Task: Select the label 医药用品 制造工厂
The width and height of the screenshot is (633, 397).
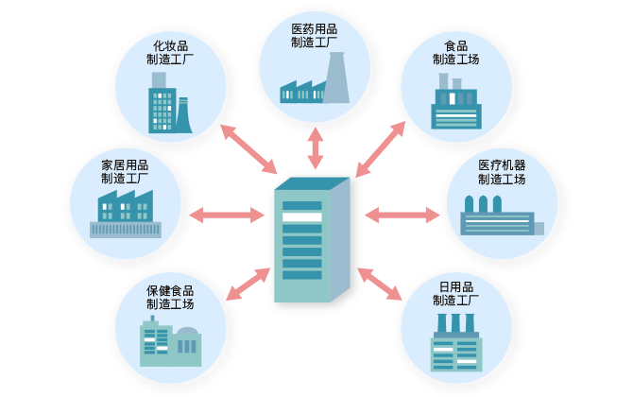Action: [x=315, y=36]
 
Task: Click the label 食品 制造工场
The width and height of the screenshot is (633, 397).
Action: [x=455, y=52]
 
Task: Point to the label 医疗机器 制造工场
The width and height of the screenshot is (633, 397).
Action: [x=501, y=172]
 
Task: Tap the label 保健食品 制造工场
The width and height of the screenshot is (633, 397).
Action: [x=170, y=297]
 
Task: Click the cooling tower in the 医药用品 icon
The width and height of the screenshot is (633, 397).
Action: [x=337, y=78]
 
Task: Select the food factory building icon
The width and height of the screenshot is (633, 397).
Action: [x=455, y=103]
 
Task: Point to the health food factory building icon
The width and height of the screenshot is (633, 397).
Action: [x=170, y=341]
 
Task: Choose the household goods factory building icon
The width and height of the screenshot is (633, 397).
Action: [x=125, y=214]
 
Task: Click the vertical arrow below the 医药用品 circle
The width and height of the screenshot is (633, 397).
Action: [x=315, y=148]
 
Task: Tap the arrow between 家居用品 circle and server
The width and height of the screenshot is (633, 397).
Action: [x=227, y=216]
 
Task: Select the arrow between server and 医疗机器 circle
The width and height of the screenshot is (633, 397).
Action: [x=402, y=216]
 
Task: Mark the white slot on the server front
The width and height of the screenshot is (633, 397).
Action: [x=302, y=218]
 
